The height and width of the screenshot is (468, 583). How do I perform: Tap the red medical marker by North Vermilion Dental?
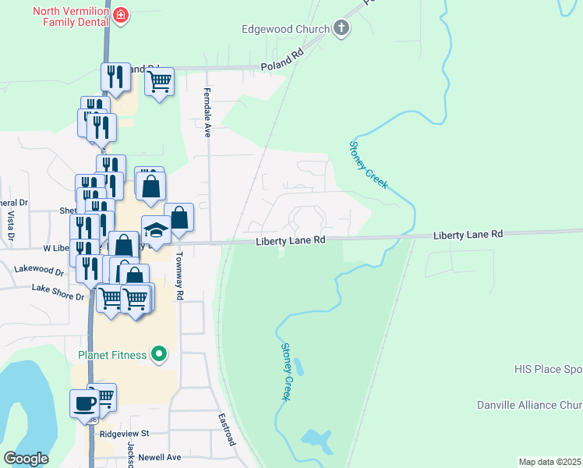120,15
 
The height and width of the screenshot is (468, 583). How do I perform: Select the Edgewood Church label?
285,30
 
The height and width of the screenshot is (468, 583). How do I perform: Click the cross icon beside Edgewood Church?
340,30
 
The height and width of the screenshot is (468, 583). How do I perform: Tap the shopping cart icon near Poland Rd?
158,80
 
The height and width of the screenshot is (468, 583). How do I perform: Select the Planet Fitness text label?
111,356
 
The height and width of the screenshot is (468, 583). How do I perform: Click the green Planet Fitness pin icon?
159,355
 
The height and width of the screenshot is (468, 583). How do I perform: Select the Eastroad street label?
227,429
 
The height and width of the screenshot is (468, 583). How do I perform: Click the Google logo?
26,459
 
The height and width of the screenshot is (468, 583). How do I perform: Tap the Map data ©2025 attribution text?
549,462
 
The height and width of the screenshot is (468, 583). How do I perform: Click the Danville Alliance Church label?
529,405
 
